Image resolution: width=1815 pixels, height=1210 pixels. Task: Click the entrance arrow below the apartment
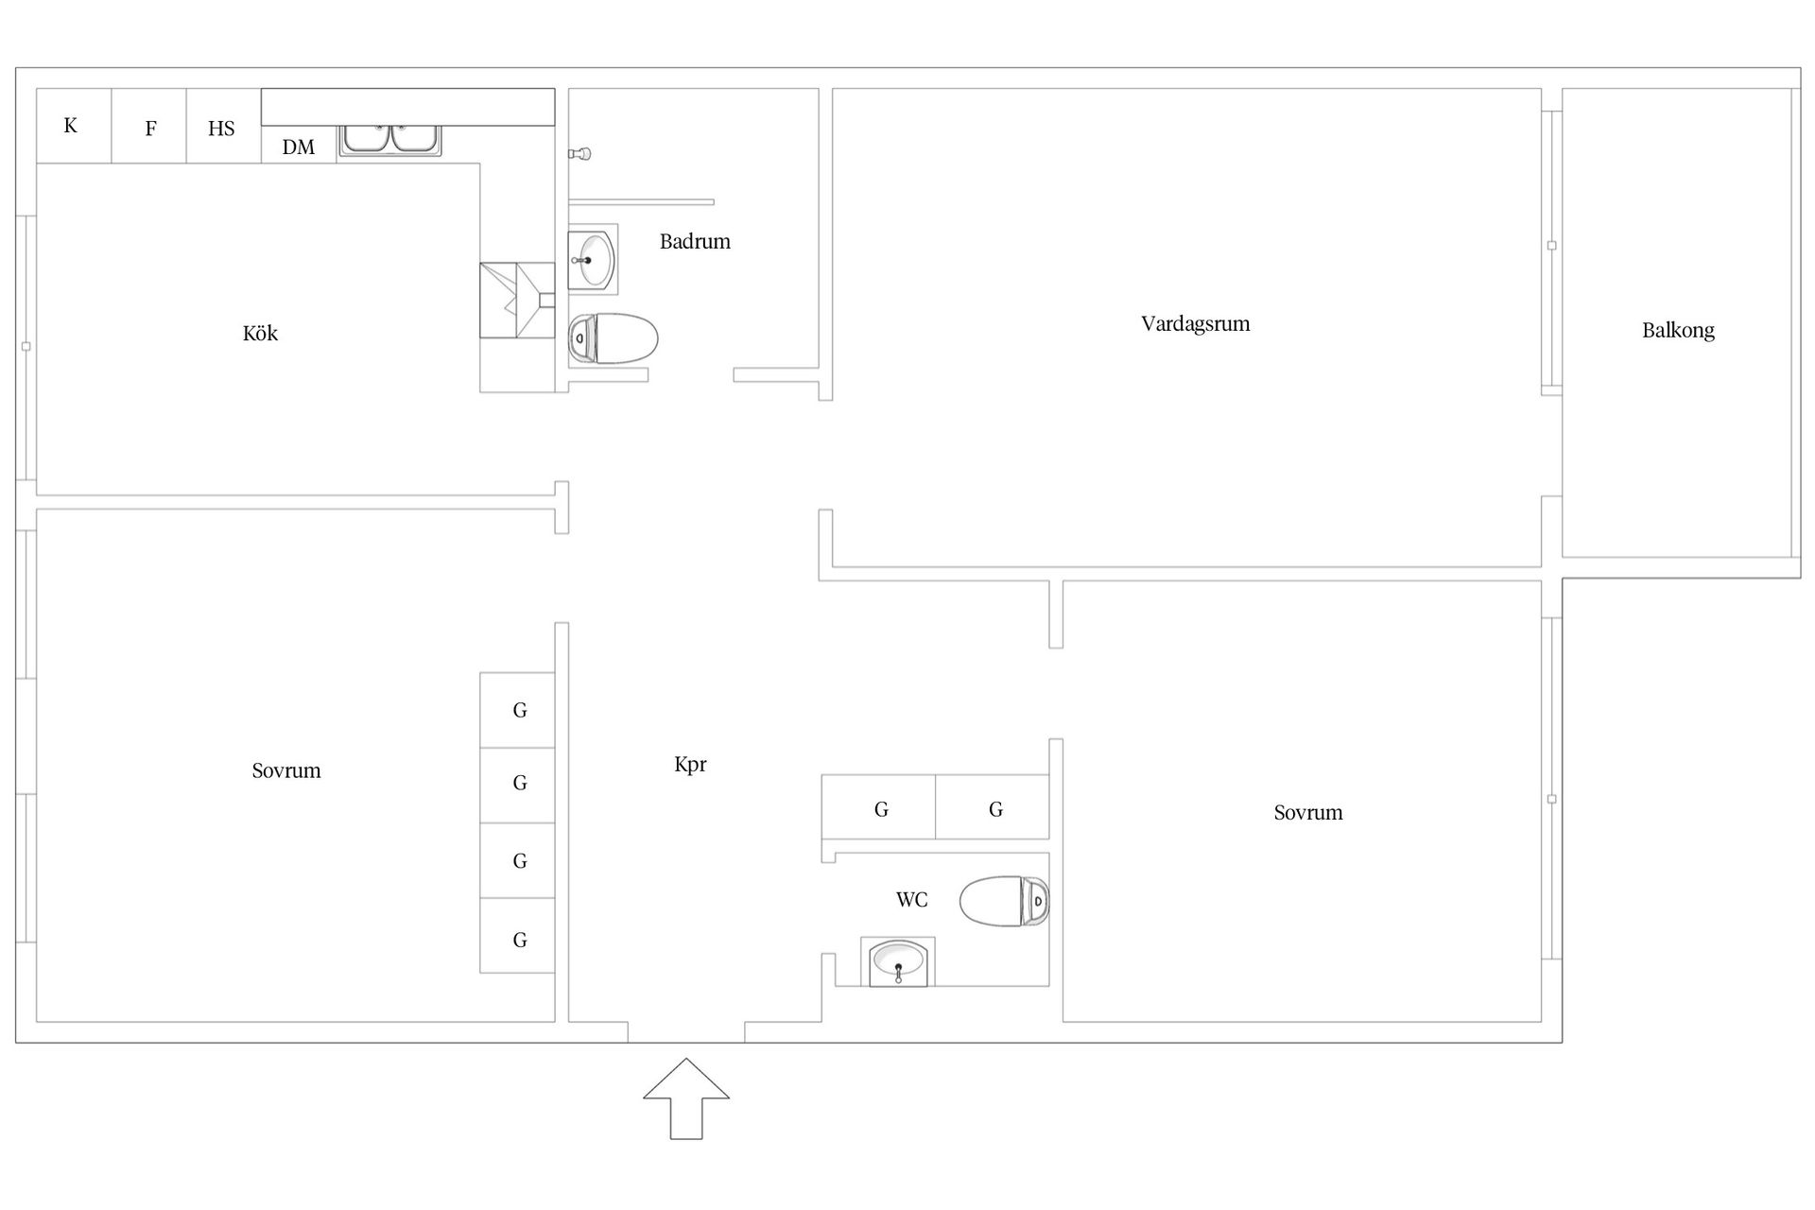click(686, 1098)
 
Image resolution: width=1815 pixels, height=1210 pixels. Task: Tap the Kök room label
click(260, 333)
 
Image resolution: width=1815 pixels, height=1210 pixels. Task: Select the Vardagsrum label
click(1195, 323)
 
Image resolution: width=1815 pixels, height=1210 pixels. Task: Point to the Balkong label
click(1678, 330)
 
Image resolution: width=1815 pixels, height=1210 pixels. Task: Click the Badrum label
click(695, 241)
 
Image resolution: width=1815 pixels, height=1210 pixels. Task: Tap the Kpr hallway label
click(690, 765)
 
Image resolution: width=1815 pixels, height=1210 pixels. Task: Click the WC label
click(911, 900)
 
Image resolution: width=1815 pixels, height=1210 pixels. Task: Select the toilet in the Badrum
click(613, 338)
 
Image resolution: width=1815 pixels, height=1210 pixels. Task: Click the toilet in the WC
click(1004, 901)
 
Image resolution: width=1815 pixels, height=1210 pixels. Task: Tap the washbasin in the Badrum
click(593, 258)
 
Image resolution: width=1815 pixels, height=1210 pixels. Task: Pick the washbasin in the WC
click(898, 962)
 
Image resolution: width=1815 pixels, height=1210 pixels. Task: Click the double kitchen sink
click(390, 140)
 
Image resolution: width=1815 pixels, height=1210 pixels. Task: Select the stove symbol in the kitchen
click(517, 300)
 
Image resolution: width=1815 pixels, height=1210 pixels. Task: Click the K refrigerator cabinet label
click(70, 126)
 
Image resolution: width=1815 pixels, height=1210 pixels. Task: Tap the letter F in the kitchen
click(150, 129)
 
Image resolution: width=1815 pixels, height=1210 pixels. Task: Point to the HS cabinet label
click(221, 129)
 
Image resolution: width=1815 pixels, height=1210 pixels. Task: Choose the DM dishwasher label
click(298, 147)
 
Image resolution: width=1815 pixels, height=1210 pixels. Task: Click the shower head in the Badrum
click(580, 153)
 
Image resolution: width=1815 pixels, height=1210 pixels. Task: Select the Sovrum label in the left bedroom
click(286, 770)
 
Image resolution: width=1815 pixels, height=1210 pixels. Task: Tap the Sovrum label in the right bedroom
click(1308, 812)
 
